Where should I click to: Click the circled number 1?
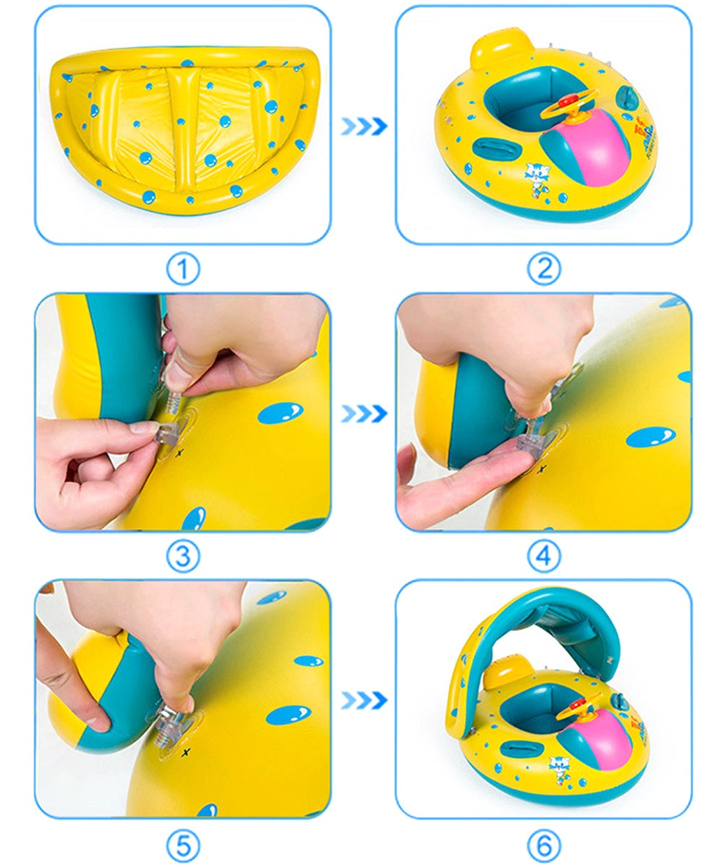pyautogui.click(x=183, y=269)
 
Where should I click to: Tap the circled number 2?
pyautogui.click(x=543, y=269)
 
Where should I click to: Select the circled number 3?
pyautogui.click(x=183, y=556)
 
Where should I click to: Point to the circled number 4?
pyautogui.click(x=543, y=556)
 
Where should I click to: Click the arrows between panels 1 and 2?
pyautogui.click(x=364, y=126)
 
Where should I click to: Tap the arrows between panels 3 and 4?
pyautogui.click(x=364, y=414)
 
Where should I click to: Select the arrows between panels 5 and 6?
pyautogui.click(x=364, y=700)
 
